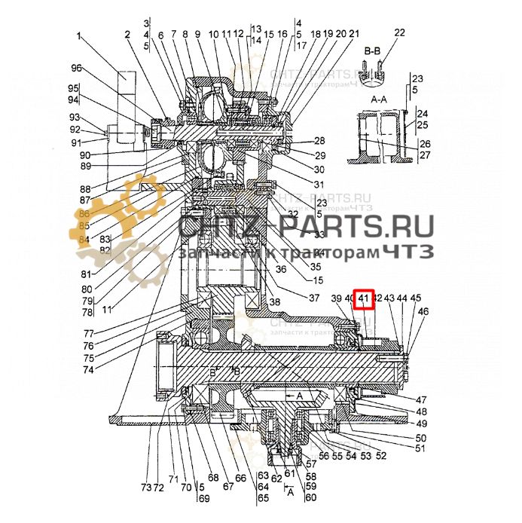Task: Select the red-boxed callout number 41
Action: (365, 299)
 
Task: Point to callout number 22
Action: (399, 32)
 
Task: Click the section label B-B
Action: (373, 50)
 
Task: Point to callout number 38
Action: (274, 301)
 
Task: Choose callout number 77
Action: (88, 333)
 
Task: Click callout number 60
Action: (310, 497)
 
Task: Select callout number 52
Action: (381, 456)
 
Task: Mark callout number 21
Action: (354, 34)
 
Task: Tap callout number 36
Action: (280, 270)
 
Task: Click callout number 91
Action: (76, 142)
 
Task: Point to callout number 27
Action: (424, 155)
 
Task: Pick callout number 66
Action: (240, 478)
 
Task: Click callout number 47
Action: (420, 399)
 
